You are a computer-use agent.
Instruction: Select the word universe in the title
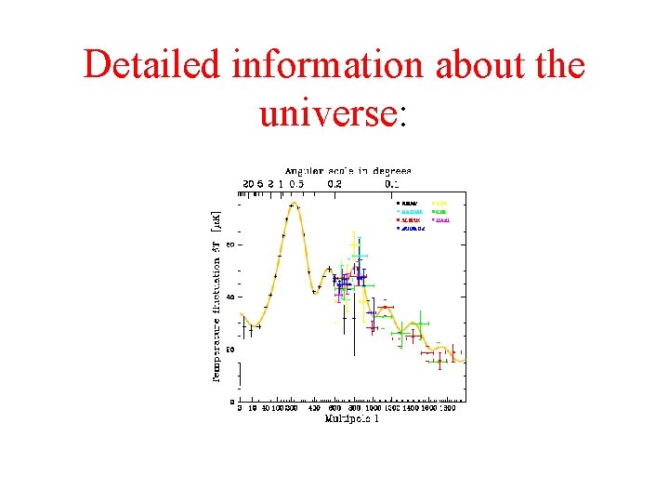click(328, 112)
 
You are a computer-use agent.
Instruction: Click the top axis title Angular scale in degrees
click(348, 171)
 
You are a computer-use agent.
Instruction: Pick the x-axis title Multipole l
click(351, 419)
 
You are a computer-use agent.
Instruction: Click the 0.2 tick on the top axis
click(333, 183)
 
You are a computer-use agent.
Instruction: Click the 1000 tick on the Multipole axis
click(374, 408)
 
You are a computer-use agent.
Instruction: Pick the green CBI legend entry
click(440, 211)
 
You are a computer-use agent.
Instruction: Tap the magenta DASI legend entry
click(441, 219)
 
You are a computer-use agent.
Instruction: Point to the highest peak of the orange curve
click(294, 203)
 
